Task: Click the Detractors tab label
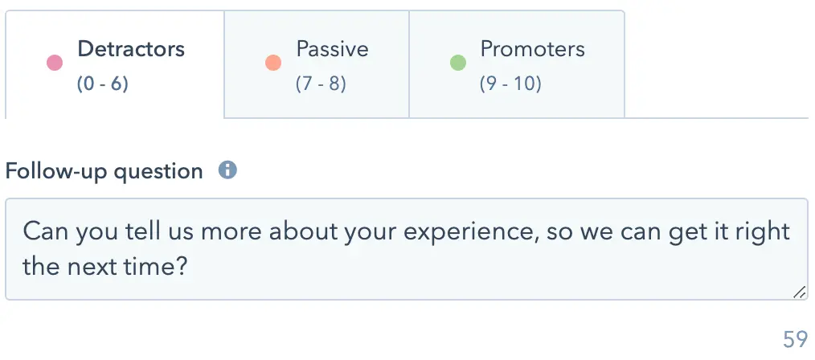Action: pos(131,49)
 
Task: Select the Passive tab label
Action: pos(332,49)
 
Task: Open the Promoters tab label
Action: pos(532,49)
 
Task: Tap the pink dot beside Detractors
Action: pos(55,63)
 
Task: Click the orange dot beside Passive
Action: pos(273,63)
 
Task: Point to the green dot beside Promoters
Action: pos(457,63)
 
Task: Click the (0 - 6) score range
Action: pos(102,84)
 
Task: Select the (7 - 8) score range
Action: pos(321,84)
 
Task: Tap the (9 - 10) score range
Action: pos(510,84)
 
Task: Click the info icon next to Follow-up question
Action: pos(227,170)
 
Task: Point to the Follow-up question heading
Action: pos(104,171)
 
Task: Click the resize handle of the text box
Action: pos(800,292)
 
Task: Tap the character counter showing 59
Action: pos(795,339)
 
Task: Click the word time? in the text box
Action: pos(162,267)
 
